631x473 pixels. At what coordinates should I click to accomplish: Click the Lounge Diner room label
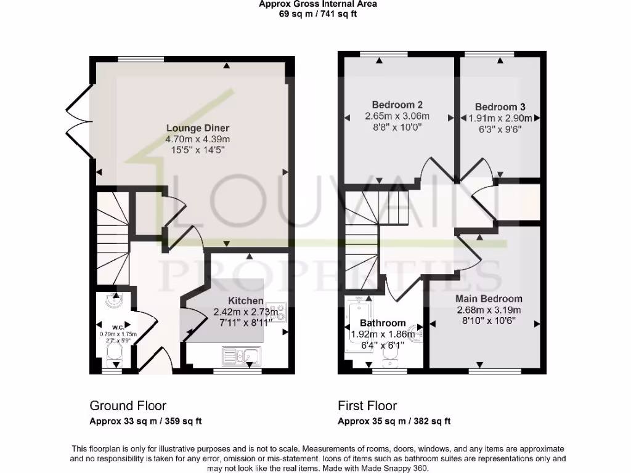(x=197, y=128)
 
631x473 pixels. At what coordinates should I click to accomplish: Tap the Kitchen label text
(x=246, y=301)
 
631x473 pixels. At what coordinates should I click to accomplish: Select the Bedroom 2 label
(x=397, y=105)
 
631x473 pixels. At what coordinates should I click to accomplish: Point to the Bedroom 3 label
(x=500, y=107)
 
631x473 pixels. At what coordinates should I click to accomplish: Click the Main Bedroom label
(x=489, y=299)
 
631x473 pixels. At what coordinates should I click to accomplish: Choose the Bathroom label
(x=383, y=323)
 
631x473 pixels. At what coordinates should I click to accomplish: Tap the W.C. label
(x=118, y=327)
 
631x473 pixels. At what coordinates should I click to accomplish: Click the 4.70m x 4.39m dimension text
(x=197, y=139)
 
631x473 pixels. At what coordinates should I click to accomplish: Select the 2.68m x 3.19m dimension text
(x=489, y=310)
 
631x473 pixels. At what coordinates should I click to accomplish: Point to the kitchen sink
(x=242, y=355)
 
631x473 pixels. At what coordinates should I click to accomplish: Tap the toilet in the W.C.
(x=113, y=354)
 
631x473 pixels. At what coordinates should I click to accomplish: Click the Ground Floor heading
(x=128, y=406)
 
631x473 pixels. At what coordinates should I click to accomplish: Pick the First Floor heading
(x=367, y=406)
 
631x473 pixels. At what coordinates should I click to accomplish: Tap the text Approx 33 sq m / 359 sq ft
(x=146, y=422)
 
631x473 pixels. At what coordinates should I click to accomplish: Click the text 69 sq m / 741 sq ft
(x=317, y=14)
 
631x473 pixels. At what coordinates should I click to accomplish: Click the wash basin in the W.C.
(x=113, y=301)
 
